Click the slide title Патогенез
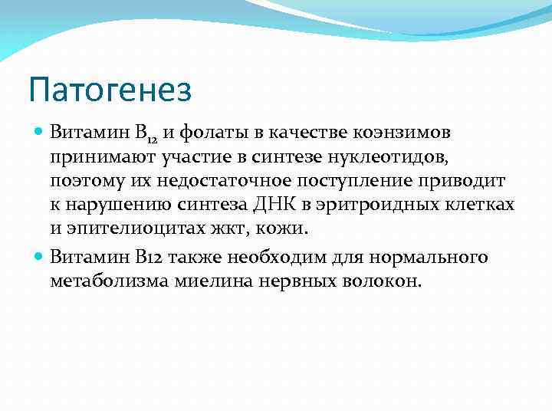[110, 90]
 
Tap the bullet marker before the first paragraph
[40, 132]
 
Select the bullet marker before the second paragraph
[40, 256]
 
